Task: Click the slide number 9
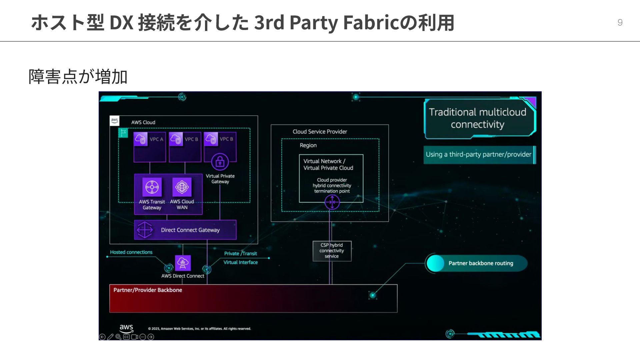click(620, 22)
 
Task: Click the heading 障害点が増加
click(78, 77)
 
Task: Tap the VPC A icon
click(141, 139)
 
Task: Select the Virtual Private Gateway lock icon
click(220, 162)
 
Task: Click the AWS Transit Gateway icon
click(152, 187)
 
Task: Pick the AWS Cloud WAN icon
click(182, 187)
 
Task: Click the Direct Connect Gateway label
click(190, 230)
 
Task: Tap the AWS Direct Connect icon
click(183, 263)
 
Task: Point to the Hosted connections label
click(131, 252)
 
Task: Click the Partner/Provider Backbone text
click(148, 290)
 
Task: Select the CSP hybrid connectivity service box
click(332, 251)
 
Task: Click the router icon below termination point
click(332, 202)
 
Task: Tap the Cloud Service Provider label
click(320, 132)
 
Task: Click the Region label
click(308, 145)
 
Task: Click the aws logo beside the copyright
click(126, 328)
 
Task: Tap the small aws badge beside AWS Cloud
click(114, 121)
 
